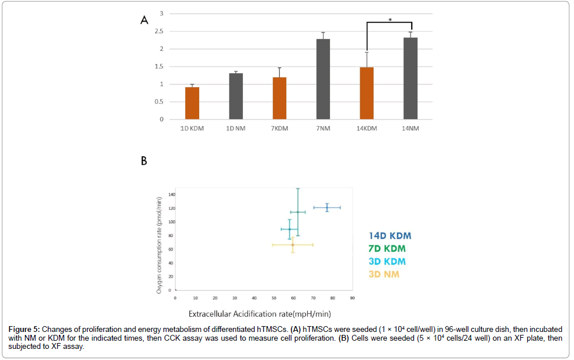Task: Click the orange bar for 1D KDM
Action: tap(192, 103)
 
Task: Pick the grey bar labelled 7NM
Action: tap(323, 79)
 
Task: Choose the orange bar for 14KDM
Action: tap(367, 94)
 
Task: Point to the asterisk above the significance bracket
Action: tap(390, 20)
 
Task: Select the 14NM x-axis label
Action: tap(411, 129)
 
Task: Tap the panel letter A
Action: tap(144, 20)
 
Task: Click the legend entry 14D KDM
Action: tap(389, 236)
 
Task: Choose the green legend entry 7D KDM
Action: tap(387, 249)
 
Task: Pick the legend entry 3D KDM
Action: tap(387, 262)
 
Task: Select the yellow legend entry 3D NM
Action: tap(384, 274)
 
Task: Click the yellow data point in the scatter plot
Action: tap(293, 245)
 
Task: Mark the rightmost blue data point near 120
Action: tap(327, 207)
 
